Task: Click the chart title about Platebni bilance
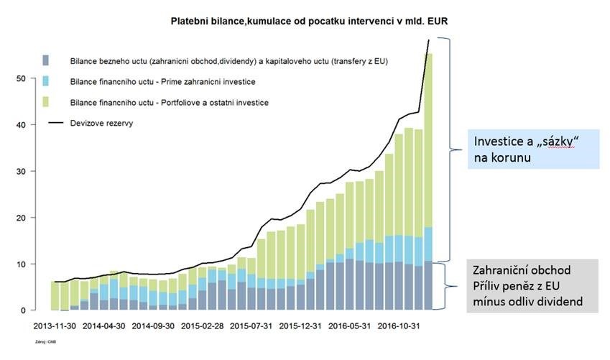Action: (x=309, y=23)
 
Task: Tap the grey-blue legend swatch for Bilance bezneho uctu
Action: (x=46, y=60)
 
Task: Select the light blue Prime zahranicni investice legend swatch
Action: (x=46, y=82)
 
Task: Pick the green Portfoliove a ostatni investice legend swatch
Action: (x=46, y=103)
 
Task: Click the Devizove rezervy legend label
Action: (x=101, y=123)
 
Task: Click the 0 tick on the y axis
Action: (x=23, y=310)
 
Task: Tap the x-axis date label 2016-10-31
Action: (x=401, y=325)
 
